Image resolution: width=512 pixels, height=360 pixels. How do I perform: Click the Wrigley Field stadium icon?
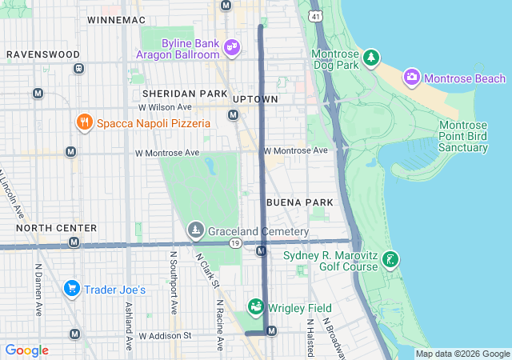pyautogui.click(x=255, y=307)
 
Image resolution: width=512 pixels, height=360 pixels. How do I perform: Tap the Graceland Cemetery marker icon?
pyautogui.click(x=195, y=231)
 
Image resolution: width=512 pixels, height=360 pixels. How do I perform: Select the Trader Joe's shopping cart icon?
pyautogui.click(x=71, y=289)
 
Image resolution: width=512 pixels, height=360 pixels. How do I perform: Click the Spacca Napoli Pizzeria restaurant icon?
pyautogui.click(x=84, y=122)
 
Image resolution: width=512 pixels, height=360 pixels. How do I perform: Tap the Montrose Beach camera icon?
pyautogui.click(x=412, y=78)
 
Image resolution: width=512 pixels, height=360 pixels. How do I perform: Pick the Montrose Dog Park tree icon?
pyautogui.click(x=370, y=58)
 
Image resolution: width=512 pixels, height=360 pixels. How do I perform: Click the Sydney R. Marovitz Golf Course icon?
pyautogui.click(x=390, y=260)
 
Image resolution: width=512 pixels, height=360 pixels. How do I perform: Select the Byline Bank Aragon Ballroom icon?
pyautogui.click(x=232, y=47)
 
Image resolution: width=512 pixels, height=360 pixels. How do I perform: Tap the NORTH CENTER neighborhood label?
pyautogui.click(x=56, y=228)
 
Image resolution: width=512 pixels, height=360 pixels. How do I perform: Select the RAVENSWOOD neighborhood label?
pyautogui.click(x=43, y=54)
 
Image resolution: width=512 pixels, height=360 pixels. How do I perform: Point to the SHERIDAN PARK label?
pyautogui.click(x=180, y=94)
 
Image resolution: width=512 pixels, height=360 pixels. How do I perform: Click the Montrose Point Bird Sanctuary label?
pyautogui.click(x=474, y=136)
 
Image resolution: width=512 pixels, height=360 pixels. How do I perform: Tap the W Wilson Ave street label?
pyautogui.click(x=165, y=106)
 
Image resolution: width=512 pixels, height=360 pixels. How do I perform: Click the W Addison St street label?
pyautogui.click(x=165, y=336)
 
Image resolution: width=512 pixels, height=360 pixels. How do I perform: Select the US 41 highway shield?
pyautogui.click(x=317, y=15)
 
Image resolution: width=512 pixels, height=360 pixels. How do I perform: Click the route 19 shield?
pyautogui.click(x=234, y=243)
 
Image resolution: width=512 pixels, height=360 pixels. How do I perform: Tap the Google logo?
pyautogui.click(x=26, y=350)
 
